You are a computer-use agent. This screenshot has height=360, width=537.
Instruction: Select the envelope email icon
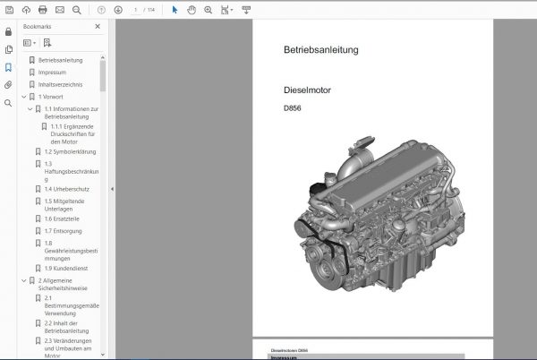[x=59, y=9]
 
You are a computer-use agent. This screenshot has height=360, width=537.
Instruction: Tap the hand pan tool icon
[x=192, y=9]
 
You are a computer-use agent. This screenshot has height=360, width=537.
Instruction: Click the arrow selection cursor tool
[x=175, y=9]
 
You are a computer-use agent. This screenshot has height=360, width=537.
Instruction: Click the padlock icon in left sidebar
[x=8, y=31]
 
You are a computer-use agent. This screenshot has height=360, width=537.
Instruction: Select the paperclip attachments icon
[x=8, y=85]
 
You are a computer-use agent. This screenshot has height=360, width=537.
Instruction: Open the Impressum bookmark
[x=51, y=73]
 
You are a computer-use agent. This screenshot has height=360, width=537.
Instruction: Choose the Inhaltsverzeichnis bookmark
[x=59, y=85]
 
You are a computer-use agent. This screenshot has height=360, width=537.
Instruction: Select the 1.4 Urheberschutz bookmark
[x=66, y=190]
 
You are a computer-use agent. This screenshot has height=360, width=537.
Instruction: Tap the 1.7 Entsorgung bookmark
[x=64, y=231]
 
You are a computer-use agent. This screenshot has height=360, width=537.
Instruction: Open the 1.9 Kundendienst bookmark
[x=67, y=268]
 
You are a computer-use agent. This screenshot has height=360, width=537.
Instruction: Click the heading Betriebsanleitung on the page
[x=308, y=50]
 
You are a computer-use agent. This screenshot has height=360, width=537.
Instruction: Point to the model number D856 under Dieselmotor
[x=292, y=110]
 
